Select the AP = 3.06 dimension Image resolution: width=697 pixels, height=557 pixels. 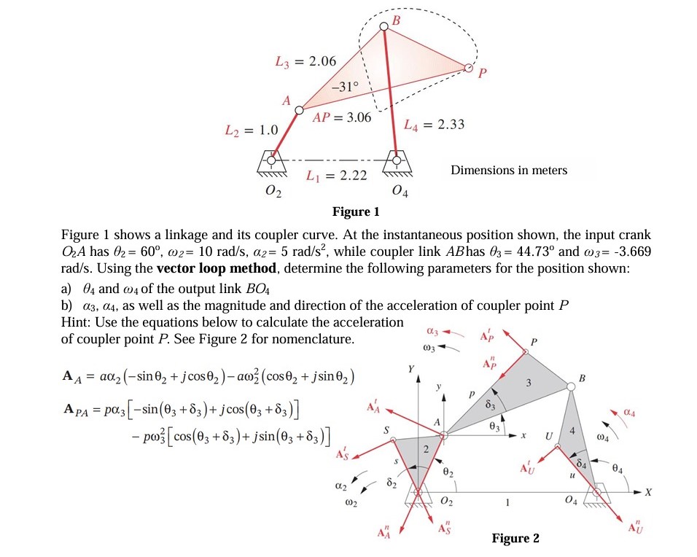coord(342,117)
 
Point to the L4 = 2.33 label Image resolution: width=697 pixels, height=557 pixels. coord(434,125)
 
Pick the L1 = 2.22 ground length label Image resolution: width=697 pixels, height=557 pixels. coord(336,176)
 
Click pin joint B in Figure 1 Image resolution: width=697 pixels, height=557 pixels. coord(384,28)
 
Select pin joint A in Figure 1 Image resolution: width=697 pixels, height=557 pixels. coord(298,109)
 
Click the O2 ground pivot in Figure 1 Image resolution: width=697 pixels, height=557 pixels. coord(272,159)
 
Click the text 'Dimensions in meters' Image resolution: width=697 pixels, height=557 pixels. coord(509,171)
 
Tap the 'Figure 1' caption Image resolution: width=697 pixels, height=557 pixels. coord(356,212)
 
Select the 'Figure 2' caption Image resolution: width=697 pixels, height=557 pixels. coord(515,538)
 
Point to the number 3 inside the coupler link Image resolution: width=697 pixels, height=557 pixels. coord(529,383)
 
